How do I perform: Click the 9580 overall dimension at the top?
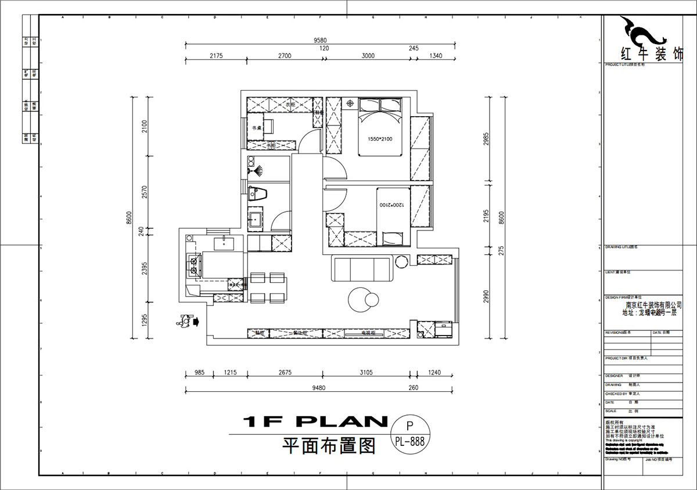click(320, 40)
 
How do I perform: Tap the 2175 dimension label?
click(215, 56)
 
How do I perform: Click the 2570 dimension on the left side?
click(145, 192)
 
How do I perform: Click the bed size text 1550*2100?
click(380, 139)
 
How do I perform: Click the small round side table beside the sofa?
click(402, 262)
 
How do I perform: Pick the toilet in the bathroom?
click(256, 193)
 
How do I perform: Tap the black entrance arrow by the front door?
click(195, 320)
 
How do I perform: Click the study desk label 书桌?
click(255, 127)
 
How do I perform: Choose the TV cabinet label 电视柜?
click(368, 333)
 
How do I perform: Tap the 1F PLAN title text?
click(314, 421)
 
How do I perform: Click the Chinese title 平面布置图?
click(329, 446)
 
